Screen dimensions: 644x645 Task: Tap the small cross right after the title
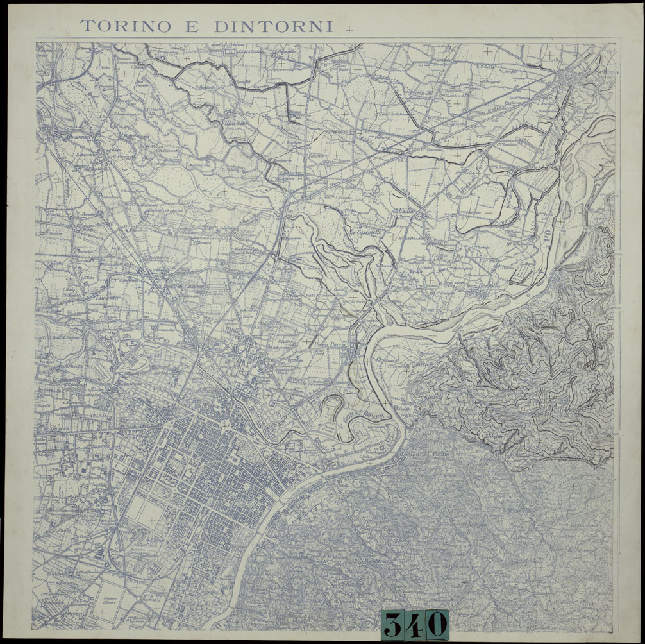(x=349, y=29)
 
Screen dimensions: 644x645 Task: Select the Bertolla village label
(x=489, y=287)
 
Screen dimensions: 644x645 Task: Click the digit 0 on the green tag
(x=436, y=623)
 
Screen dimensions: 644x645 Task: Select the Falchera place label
(x=319, y=155)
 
